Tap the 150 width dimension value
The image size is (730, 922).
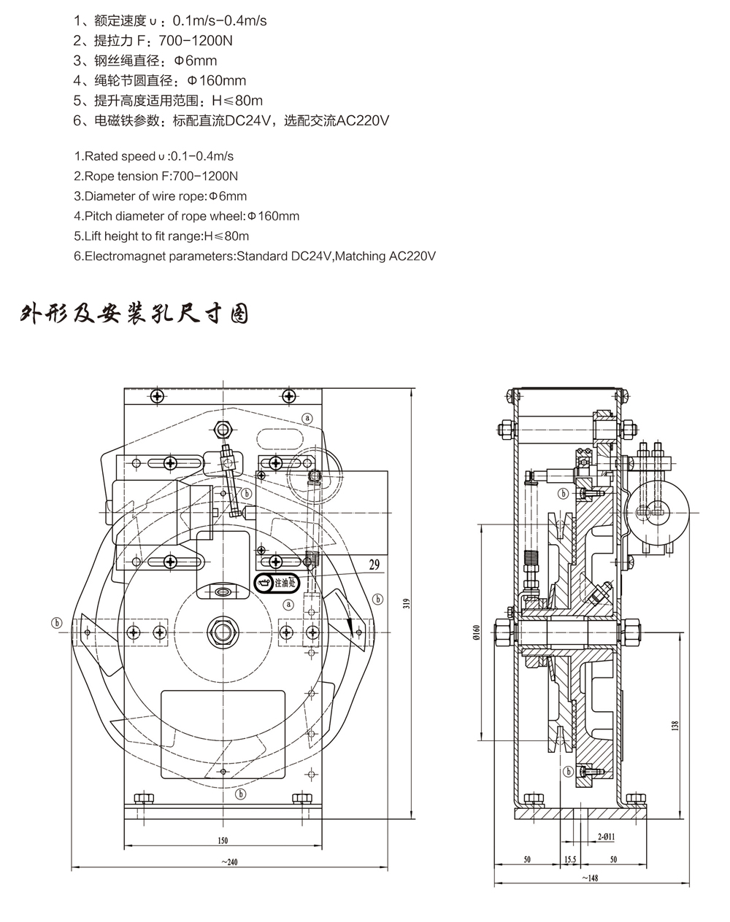tap(223, 840)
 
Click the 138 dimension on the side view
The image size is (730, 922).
tap(675, 727)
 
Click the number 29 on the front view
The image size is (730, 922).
tap(374, 564)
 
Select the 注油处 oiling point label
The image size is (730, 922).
tap(284, 584)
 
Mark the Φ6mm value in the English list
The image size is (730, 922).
tap(227, 196)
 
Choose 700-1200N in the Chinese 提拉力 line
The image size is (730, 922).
tap(195, 41)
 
